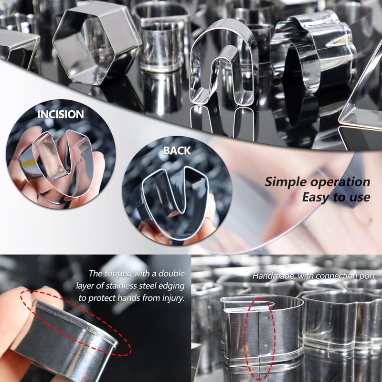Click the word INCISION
pyautogui.click(x=61, y=114)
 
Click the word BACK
pyautogui.click(x=177, y=150)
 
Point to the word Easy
pyautogui.click(x=316, y=197)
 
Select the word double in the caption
pyautogui.click(x=171, y=273)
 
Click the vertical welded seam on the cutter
pyautogui.click(x=258, y=336)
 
